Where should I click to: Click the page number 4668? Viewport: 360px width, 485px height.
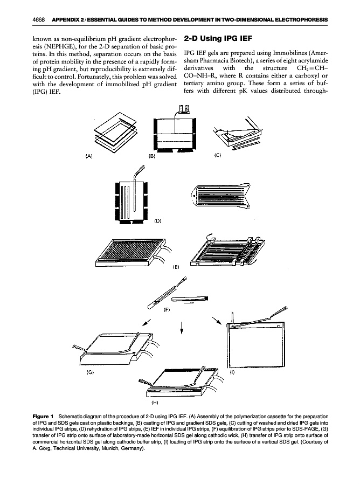[x=39, y=20]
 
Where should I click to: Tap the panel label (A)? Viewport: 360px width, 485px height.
[x=89, y=157]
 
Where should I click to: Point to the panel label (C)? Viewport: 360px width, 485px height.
[x=217, y=157]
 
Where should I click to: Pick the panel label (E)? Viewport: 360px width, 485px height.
[x=176, y=266]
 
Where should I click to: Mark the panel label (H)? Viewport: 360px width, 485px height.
[x=154, y=401]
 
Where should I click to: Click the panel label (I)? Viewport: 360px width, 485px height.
[x=232, y=372]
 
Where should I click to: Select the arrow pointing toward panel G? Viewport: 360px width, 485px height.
[x=144, y=322]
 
